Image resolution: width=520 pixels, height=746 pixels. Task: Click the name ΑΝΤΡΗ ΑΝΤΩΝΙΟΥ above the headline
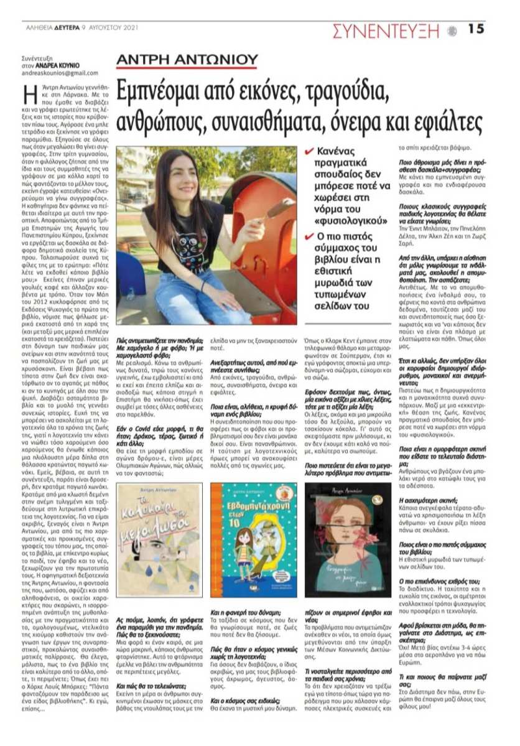pyautogui.click(x=187, y=60)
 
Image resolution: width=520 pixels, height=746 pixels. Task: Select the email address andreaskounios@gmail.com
pyautogui.click(x=59, y=73)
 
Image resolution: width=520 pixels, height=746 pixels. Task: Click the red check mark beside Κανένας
pyautogui.click(x=310, y=151)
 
